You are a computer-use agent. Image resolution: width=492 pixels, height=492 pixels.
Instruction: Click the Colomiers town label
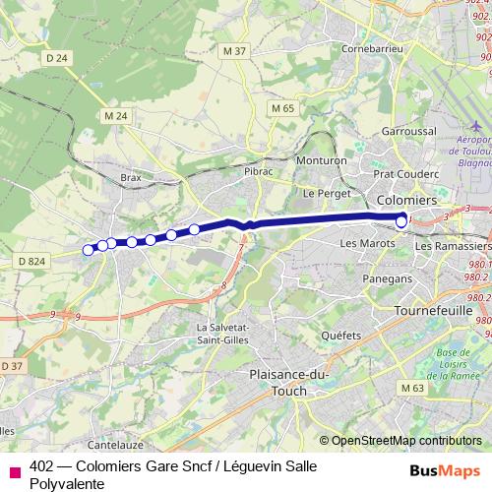[400, 200]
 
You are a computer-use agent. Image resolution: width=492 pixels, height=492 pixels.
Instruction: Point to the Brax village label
[131, 177]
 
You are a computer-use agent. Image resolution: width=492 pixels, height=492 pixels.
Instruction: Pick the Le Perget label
[322, 193]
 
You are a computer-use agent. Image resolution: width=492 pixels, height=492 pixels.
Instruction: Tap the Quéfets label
[340, 335]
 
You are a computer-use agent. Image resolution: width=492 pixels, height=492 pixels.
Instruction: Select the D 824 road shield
[31, 261]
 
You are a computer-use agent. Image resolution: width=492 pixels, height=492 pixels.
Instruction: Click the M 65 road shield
[283, 108]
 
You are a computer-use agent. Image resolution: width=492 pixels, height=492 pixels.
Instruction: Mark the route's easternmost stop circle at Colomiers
[401, 222]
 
